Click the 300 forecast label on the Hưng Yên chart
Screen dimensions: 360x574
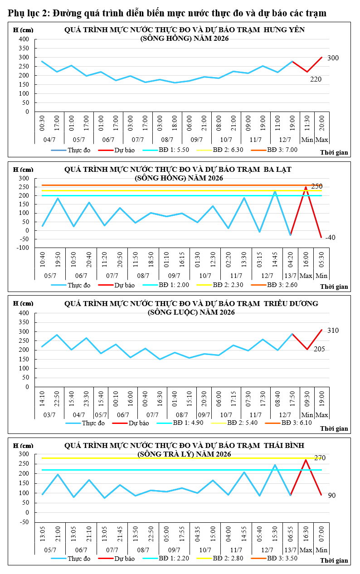(333, 58)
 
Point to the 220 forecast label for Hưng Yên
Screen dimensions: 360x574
(316, 79)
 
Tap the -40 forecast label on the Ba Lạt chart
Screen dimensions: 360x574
(330, 238)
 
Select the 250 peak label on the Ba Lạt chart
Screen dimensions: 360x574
(316, 186)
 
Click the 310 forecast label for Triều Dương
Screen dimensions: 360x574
(333, 331)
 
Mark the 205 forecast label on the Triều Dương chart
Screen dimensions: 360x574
(319, 349)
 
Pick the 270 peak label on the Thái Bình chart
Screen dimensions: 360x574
(320, 458)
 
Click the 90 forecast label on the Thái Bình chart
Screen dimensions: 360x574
(332, 496)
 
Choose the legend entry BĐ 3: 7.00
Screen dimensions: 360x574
(274, 150)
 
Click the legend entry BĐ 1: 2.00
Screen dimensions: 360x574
(166, 285)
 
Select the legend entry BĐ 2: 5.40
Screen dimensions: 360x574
(234, 423)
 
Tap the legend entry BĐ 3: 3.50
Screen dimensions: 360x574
(274, 559)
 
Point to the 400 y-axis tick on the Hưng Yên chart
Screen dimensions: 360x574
(24, 39)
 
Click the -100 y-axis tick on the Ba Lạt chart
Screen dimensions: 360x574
(23, 248)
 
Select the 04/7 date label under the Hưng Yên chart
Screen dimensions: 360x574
(49, 140)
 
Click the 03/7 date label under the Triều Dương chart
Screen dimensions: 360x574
(49, 415)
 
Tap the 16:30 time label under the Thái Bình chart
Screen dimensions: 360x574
(306, 534)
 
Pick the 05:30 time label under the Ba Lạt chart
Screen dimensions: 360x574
(321, 259)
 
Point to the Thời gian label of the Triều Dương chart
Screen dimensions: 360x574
(334, 429)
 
